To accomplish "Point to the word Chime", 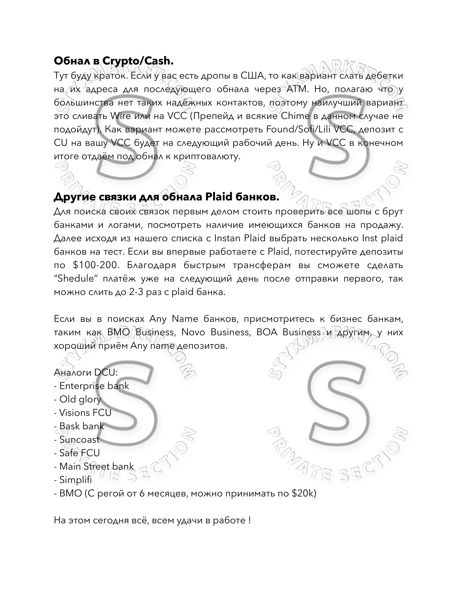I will coord(295,116).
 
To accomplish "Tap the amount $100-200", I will coord(96,265).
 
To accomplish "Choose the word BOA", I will coord(267,332).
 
